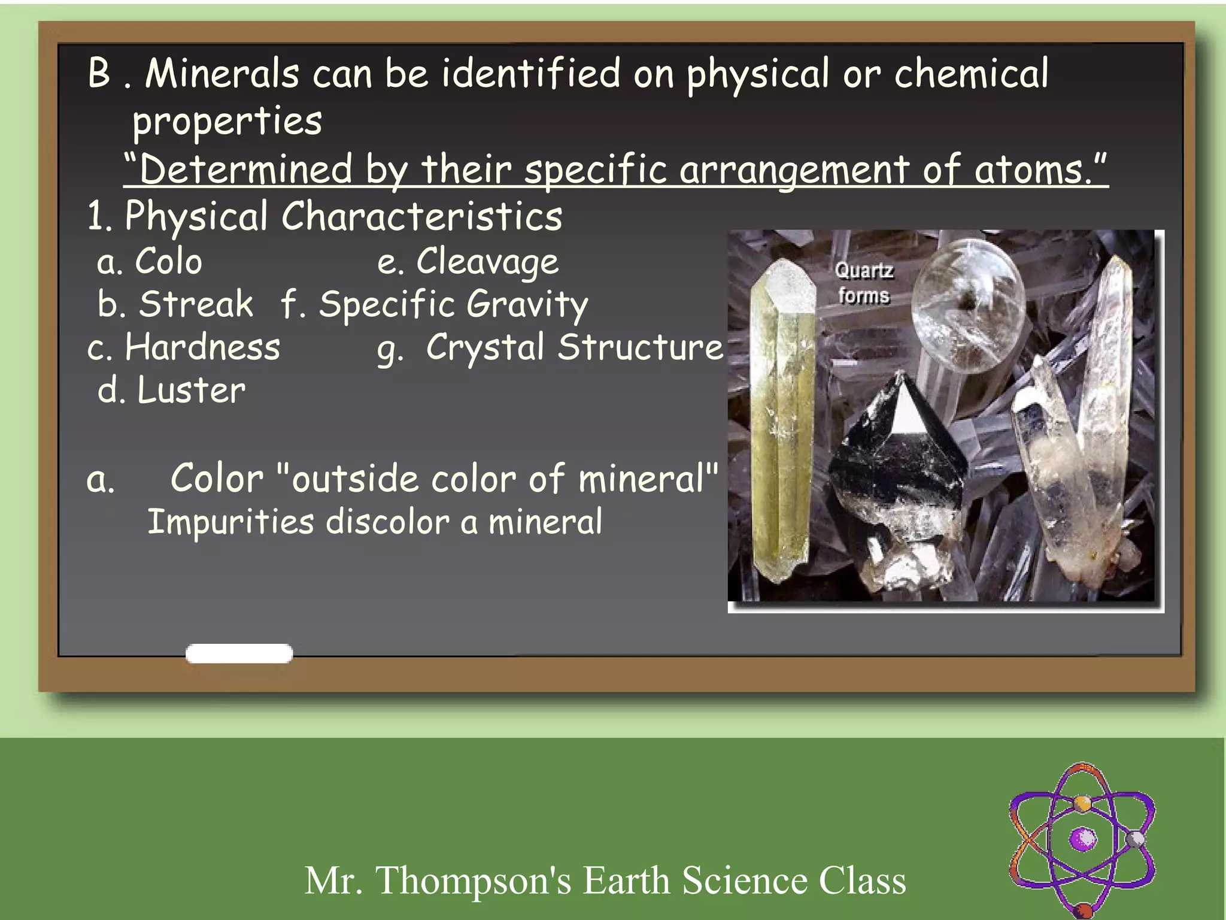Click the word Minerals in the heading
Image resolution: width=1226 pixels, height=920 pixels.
coord(221,74)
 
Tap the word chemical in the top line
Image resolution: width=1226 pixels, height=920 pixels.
coord(971,74)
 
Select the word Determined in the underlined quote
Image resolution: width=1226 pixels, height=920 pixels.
coord(246,170)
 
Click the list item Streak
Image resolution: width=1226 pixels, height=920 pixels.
coord(196,304)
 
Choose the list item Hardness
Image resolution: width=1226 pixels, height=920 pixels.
coord(202,347)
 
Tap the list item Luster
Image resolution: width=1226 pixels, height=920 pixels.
coord(192,391)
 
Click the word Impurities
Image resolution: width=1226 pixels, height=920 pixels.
coord(230,522)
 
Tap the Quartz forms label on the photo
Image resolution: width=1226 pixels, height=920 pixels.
coord(864,283)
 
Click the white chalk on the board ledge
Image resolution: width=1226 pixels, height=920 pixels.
coord(239,653)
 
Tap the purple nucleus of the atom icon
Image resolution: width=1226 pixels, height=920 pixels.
coord(1083,839)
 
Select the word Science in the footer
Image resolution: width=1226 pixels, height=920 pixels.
coord(745,880)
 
